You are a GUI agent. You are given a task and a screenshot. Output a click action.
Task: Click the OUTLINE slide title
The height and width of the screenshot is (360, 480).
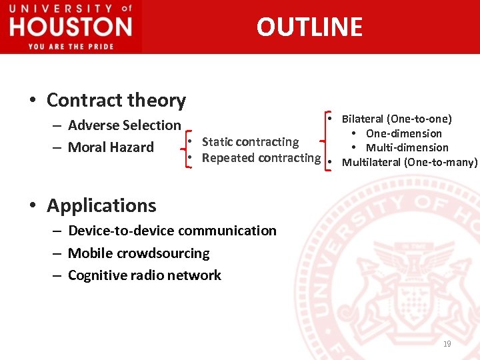pos(309,27)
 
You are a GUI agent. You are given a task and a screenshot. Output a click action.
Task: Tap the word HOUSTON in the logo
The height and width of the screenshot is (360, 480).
pos(71,27)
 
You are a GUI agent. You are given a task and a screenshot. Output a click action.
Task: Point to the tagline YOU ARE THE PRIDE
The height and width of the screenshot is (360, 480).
pos(71,46)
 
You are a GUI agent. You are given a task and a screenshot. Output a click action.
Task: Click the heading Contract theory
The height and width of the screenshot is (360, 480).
pos(116,100)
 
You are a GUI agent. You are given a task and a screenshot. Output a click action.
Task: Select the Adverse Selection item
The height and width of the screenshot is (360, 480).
pos(124,125)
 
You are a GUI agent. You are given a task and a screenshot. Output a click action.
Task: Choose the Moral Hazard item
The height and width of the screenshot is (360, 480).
pos(111,147)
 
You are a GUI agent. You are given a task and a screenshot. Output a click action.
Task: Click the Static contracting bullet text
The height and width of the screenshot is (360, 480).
pos(250,141)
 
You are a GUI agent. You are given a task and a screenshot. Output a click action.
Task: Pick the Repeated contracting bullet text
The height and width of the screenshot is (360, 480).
pos(261,158)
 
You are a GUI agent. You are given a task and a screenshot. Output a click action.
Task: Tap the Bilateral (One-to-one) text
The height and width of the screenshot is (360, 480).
pos(397,119)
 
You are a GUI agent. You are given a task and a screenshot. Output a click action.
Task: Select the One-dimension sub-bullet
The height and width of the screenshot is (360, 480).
pos(403,133)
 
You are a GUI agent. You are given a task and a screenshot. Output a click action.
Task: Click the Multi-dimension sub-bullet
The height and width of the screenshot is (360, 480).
pos(407,147)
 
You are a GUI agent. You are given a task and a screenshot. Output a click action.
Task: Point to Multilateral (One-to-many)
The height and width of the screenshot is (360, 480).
pos(409,162)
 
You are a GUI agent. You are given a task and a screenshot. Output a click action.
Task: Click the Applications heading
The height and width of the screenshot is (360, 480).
pos(101,205)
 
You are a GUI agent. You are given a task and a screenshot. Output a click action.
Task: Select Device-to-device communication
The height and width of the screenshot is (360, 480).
pos(172,231)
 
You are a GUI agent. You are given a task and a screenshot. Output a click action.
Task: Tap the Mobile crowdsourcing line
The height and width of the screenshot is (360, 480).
pos(139,253)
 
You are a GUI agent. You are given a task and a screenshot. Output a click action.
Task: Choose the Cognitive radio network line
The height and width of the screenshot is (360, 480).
pos(145,275)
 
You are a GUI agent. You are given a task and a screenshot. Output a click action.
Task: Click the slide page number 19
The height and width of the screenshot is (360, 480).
pos(447,344)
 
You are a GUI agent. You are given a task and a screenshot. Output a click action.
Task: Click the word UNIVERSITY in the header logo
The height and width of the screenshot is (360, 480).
pos(61,9)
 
